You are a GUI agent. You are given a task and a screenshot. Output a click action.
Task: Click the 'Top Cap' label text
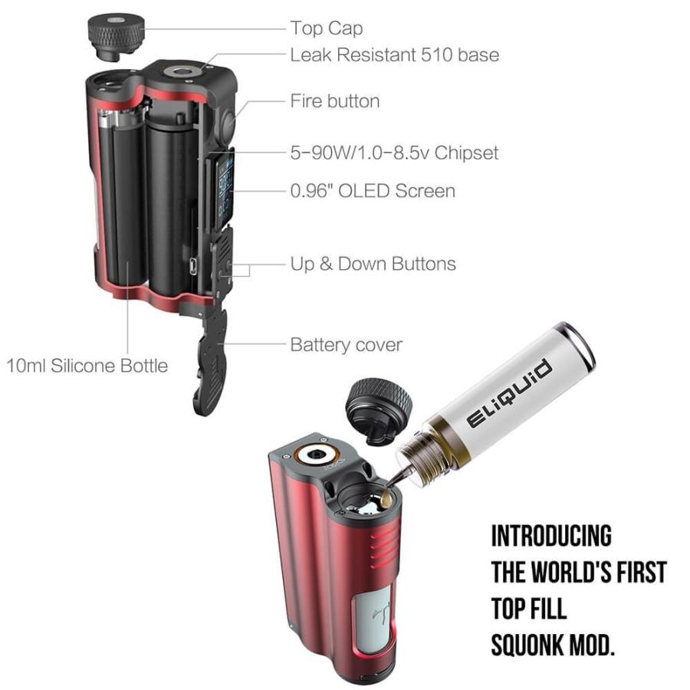[x=326, y=29]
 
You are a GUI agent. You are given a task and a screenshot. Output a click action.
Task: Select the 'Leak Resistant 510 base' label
[x=394, y=55]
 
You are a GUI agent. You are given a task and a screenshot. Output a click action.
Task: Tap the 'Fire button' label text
[x=334, y=101]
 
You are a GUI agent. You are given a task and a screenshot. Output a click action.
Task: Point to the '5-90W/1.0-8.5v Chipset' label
[x=394, y=153]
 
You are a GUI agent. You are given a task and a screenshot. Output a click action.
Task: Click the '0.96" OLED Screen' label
[x=372, y=191]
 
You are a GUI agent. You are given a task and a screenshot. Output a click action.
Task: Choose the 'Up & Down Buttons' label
[x=373, y=264]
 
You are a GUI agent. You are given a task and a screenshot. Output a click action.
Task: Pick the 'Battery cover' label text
[x=346, y=345]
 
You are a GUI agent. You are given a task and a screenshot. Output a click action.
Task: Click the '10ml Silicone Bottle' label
[x=87, y=366]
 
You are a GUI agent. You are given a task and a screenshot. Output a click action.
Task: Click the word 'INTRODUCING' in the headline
[x=551, y=536]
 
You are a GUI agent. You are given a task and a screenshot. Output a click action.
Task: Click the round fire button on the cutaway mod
[x=228, y=120]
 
